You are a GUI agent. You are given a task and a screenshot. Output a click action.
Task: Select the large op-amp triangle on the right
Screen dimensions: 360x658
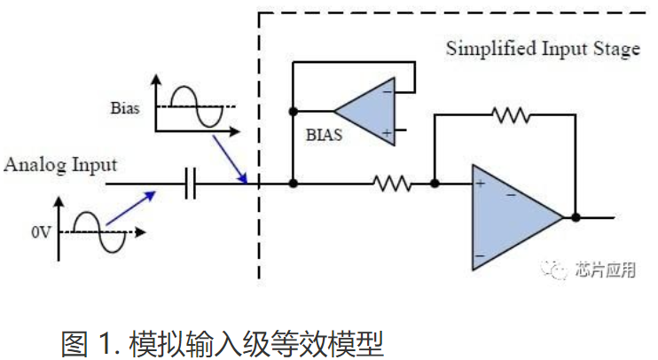(x=513, y=216)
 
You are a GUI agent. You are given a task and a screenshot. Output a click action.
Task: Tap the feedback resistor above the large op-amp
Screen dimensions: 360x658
(x=511, y=114)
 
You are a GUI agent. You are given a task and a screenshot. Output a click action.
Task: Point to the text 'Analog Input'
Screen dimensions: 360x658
(x=60, y=165)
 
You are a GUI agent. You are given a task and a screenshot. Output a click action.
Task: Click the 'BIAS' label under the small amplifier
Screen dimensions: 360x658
(x=324, y=137)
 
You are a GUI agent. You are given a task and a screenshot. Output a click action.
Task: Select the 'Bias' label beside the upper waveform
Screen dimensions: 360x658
(x=125, y=108)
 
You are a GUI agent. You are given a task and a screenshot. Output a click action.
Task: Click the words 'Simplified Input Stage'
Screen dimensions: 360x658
(x=542, y=49)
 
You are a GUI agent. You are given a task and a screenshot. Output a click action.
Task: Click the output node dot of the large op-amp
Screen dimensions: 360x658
(x=576, y=216)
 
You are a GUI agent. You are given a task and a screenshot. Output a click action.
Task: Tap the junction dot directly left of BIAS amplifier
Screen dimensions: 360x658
(x=293, y=112)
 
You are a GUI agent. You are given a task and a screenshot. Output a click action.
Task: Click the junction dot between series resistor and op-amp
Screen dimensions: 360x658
(x=435, y=184)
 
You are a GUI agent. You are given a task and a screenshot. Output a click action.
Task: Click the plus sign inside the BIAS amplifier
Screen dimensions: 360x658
(x=387, y=133)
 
